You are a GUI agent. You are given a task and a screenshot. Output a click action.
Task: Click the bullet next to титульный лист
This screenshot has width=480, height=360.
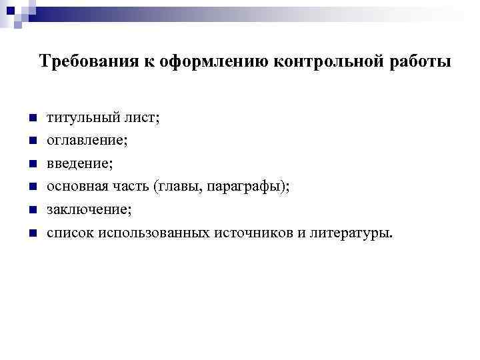(x=31, y=117)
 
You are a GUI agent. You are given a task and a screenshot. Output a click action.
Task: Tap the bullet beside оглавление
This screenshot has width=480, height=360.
(x=31, y=141)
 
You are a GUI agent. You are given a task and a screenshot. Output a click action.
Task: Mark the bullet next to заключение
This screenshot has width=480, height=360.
(x=31, y=210)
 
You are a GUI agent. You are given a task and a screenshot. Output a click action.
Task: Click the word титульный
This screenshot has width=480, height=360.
(x=78, y=117)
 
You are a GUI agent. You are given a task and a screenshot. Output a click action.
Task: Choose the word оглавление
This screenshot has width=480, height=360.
(x=85, y=141)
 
